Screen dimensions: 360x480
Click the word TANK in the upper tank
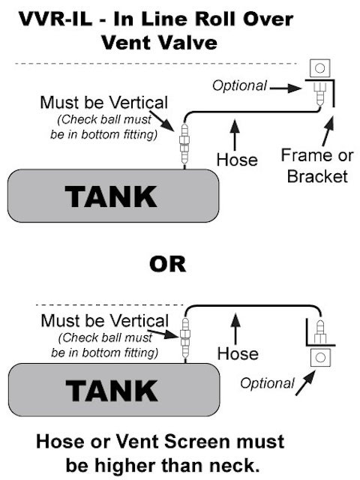tap(111, 196)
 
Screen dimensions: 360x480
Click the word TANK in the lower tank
tap(112, 391)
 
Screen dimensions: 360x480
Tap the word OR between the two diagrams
tap(167, 264)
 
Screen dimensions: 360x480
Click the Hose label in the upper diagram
tap(237, 160)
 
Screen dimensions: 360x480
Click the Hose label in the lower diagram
tap(238, 353)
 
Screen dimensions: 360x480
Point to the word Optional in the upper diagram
tap(240, 85)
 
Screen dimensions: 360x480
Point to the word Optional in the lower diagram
tap(267, 383)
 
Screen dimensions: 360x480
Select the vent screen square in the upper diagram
tap(320, 68)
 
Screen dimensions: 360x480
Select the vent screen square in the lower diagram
tap(320, 357)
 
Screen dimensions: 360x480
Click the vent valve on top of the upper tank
tap(184, 145)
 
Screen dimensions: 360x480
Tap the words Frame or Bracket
tap(317, 166)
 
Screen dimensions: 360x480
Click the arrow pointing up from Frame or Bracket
tap(328, 131)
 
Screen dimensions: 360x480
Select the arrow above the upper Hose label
tap(235, 135)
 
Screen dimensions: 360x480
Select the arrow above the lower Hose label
tap(235, 328)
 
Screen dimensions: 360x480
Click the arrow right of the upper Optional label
tap(286, 88)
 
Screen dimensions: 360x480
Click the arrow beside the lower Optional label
tap(305, 382)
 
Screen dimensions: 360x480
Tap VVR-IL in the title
tap(55, 19)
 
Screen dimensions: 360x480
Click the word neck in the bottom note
tap(235, 465)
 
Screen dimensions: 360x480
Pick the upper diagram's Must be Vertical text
tap(104, 103)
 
